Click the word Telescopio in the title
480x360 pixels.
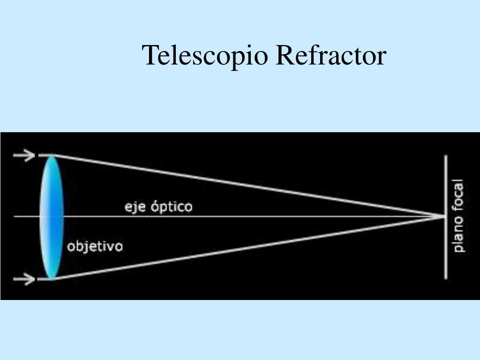[206, 55]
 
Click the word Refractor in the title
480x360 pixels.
[331, 55]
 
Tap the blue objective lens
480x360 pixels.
[51, 217]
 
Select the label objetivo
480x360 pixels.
[95, 247]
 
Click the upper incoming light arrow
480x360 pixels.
[24, 155]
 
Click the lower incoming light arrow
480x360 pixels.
[24, 280]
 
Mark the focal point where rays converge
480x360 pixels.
[443, 216]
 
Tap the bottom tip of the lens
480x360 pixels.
[51, 279]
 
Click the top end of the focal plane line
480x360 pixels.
[446, 156]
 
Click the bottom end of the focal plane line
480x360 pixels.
[446, 278]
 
